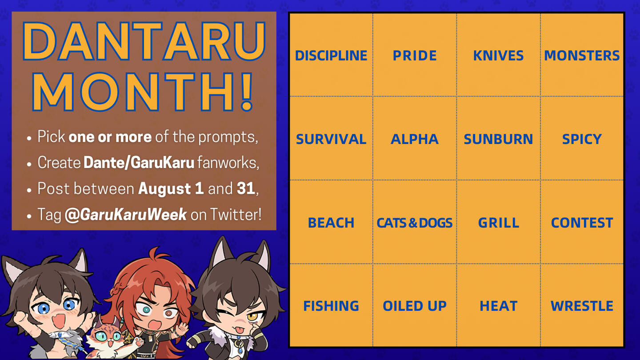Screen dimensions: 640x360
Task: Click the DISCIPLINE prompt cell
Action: click(x=331, y=56)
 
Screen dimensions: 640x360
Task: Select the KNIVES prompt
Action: click(x=498, y=56)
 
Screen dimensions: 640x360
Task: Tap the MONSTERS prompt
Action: click(x=582, y=56)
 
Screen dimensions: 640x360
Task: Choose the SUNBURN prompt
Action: click(x=498, y=139)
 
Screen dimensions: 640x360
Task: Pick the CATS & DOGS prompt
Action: click(x=415, y=223)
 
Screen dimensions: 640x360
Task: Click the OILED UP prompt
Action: click(x=415, y=306)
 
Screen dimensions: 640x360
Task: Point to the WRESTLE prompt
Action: click(x=582, y=306)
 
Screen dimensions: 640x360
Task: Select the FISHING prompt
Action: click(x=331, y=306)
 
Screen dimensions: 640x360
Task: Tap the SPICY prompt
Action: click(x=582, y=139)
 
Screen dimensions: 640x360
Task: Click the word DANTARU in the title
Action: click(x=144, y=41)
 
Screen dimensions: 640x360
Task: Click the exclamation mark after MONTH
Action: click(x=247, y=92)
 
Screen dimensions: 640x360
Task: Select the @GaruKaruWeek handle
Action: click(x=126, y=215)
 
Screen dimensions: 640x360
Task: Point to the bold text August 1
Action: click(x=171, y=189)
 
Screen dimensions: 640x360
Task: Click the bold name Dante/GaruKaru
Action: click(x=139, y=163)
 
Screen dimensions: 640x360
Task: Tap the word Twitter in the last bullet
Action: click(x=236, y=214)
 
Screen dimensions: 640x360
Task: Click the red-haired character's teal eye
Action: click(x=147, y=310)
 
